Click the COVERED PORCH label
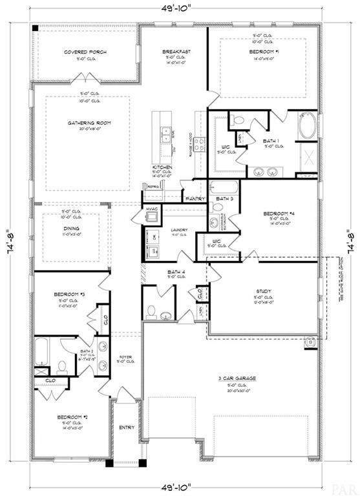(x=85, y=52)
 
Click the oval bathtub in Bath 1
(x=307, y=126)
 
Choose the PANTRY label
(x=195, y=199)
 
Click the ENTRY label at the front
(x=126, y=427)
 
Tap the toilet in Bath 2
(x=63, y=366)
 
